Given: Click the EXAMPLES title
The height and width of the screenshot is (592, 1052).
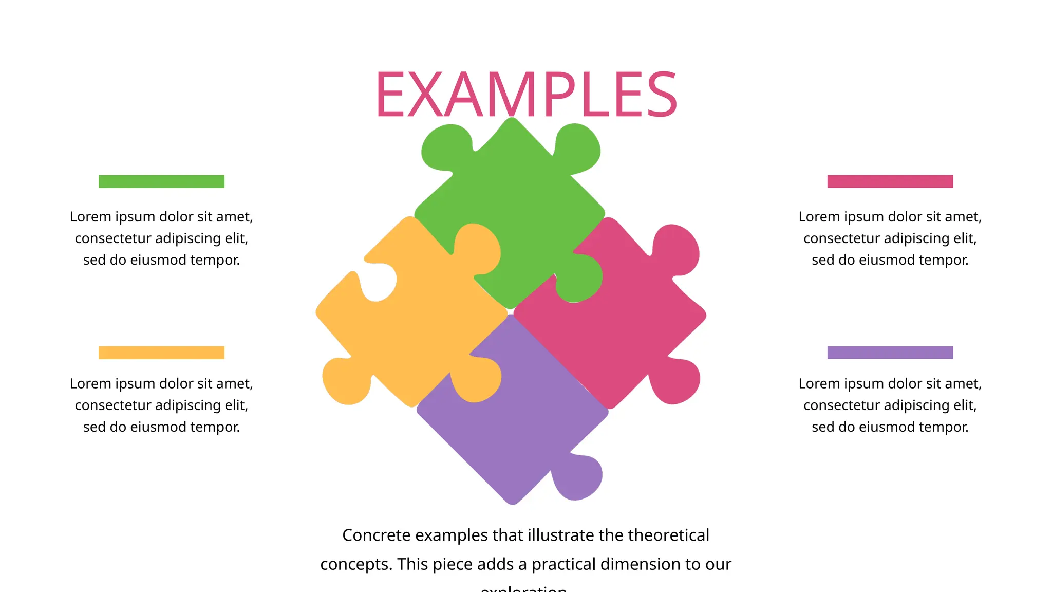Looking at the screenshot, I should click(x=526, y=95).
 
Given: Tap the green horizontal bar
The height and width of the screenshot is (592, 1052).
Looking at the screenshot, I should click(x=161, y=181).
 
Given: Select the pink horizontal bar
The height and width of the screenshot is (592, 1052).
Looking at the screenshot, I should click(x=890, y=181).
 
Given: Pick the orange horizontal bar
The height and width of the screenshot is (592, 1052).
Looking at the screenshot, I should click(x=161, y=353).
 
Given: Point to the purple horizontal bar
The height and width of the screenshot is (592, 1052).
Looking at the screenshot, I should click(x=890, y=353).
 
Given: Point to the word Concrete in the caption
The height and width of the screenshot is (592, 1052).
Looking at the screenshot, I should click(x=377, y=535).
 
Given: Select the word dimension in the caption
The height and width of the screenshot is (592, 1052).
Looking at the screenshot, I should click(x=650, y=564).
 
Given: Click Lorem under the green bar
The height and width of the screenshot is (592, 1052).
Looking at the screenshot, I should click(x=90, y=217).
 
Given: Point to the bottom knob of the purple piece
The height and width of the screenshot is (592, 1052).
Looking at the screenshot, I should click(x=578, y=478).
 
